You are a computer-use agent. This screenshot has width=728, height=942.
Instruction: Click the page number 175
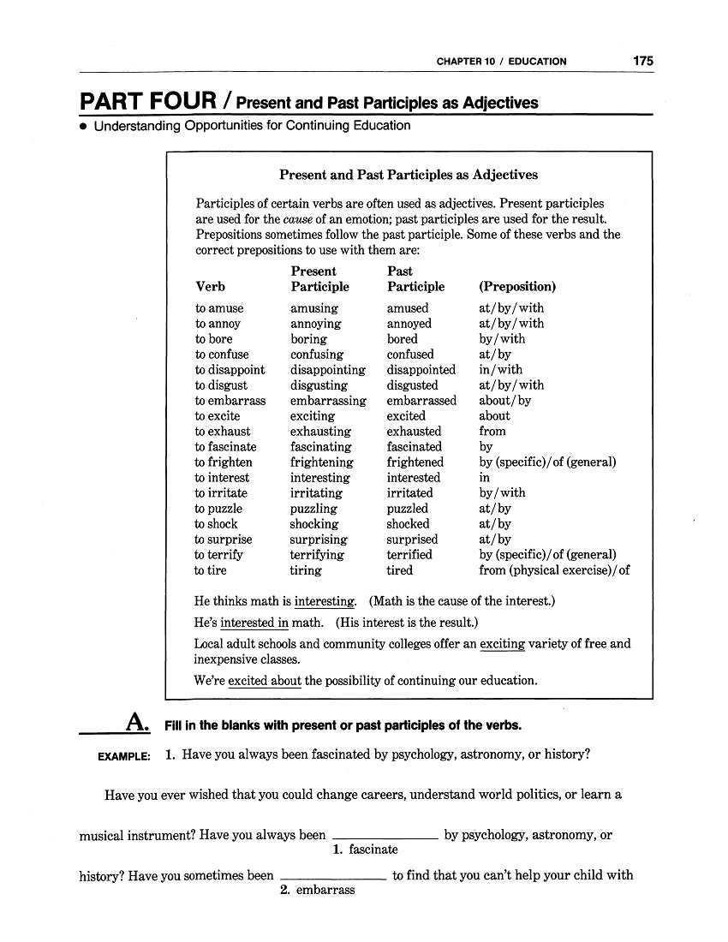point(643,61)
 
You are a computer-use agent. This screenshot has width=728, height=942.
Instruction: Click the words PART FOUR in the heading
point(147,102)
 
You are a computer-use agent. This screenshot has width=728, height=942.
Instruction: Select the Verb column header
point(210,287)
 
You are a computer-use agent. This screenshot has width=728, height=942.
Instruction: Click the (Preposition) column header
point(517,287)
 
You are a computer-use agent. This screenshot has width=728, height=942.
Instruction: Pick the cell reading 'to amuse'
point(219,308)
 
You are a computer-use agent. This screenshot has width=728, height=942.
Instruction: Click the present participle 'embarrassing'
point(328,401)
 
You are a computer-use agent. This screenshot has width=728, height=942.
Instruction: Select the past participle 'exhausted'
point(414,432)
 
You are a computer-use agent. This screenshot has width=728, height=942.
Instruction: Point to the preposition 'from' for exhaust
point(492,432)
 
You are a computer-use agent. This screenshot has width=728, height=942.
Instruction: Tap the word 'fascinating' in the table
point(321,447)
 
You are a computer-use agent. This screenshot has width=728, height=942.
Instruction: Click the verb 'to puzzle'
point(218,509)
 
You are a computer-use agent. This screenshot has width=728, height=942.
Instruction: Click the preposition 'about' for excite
point(494,416)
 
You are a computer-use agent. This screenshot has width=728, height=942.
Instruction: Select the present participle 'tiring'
point(306,570)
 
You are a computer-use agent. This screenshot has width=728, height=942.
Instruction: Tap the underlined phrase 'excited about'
point(265,681)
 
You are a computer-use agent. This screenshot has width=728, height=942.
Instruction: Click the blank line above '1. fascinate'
point(385,834)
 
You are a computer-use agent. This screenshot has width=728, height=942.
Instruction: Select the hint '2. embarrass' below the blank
point(318,891)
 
